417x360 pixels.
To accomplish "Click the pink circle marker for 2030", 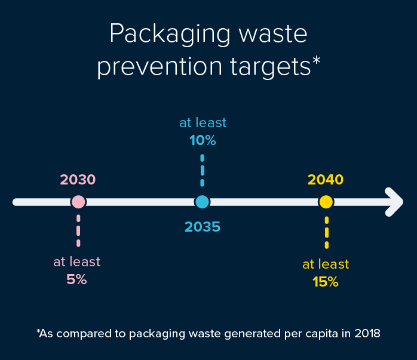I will pyautogui.click(x=78, y=202).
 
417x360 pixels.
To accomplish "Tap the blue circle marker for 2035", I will pyautogui.click(x=203, y=202).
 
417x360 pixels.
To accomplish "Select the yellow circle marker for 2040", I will pyautogui.click(x=326, y=202).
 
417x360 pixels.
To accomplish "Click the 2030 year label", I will pyautogui.click(x=78, y=179).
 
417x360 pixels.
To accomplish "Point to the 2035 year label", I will pyautogui.click(x=203, y=227).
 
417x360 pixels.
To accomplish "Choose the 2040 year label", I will pyautogui.click(x=326, y=179).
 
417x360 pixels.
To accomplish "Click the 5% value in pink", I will pyautogui.click(x=77, y=279).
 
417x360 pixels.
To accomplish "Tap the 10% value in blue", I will pyautogui.click(x=203, y=141).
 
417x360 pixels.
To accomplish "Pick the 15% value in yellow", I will pyautogui.click(x=326, y=282).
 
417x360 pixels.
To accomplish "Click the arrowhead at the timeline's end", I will pyautogui.click(x=394, y=202).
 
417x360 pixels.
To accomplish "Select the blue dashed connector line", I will pyautogui.click(x=203, y=170).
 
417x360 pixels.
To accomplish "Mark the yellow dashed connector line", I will pyautogui.click(x=326, y=232).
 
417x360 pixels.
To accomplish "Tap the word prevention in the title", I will pyautogui.click(x=156, y=66).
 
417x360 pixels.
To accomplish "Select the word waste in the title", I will pyautogui.click(x=274, y=35).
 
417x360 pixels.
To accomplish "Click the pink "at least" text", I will pyautogui.click(x=77, y=261).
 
